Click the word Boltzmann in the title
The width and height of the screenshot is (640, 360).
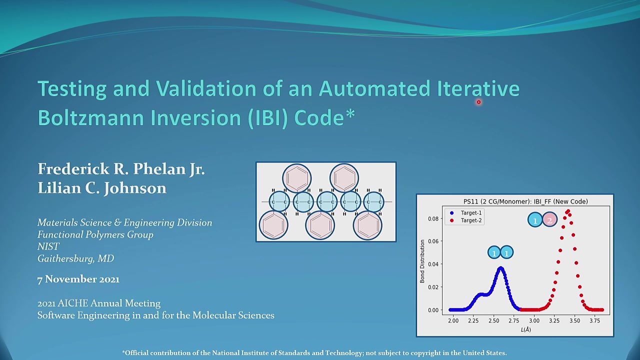[91, 117]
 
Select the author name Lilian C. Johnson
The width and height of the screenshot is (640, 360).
[102, 188]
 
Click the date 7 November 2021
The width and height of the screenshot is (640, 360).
[78, 279]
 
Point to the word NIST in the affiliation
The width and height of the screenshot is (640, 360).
[48, 246]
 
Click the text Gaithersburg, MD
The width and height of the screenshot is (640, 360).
[75, 258]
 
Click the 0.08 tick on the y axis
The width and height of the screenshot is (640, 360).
[433, 218]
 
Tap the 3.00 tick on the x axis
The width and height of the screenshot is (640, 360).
[534, 320]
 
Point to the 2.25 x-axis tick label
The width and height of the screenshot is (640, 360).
[473, 320]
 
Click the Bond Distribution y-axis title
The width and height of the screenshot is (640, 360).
[422, 261]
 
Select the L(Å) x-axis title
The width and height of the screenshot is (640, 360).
[525, 329]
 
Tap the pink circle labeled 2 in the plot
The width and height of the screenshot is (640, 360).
[549, 219]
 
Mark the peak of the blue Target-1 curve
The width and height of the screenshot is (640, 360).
[500, 268]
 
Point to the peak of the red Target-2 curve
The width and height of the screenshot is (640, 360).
[568, 211]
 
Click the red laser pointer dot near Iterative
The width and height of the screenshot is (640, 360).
[478, 102]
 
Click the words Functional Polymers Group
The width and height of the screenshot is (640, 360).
[95, 234]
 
